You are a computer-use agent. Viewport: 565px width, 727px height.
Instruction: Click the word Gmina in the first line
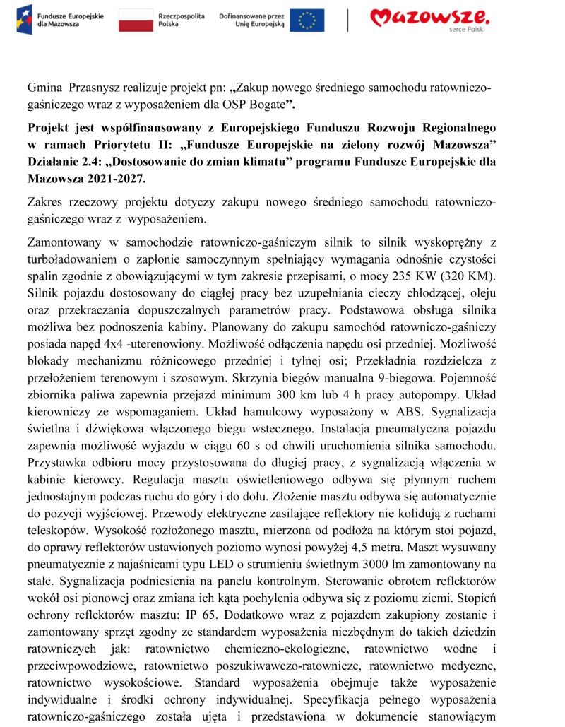click(x=44, y=90)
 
